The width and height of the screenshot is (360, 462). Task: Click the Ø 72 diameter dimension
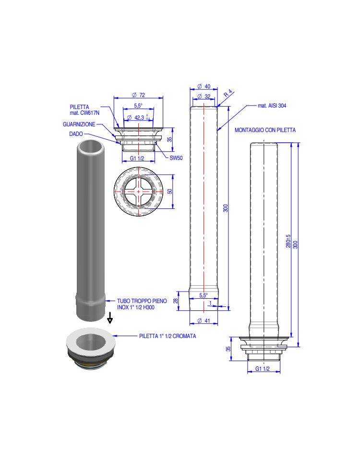138,95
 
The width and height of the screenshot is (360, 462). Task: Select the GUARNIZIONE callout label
79,124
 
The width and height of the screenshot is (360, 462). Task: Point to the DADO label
76,134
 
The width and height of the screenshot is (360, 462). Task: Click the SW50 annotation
176,158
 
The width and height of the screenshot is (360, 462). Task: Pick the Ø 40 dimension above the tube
204,86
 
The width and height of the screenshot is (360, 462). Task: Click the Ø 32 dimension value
204,97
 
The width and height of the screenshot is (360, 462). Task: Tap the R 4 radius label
228,93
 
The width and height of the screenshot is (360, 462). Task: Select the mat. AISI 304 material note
272,106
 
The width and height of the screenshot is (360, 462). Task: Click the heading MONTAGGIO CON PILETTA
265,130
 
